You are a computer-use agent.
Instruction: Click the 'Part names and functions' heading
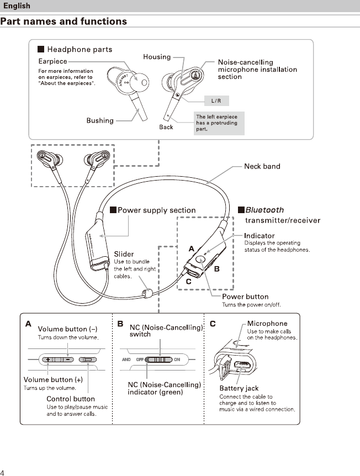63,22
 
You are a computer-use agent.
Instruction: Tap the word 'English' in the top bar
17,6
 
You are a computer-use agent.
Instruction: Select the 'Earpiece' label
52,61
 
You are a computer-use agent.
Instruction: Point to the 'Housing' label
157,57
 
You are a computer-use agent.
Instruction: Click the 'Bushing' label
100,120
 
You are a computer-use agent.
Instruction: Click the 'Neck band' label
262,166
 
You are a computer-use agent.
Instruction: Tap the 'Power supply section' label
157,210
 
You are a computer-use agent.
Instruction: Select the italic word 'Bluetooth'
264,210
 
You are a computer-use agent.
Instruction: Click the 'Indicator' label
260,236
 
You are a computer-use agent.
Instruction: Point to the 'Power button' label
245,297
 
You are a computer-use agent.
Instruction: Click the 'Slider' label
124,254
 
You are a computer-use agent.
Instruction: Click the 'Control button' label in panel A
71,399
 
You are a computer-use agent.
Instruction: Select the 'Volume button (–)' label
67,329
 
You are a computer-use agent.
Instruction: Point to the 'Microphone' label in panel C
267,324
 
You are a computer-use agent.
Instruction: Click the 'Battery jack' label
239,389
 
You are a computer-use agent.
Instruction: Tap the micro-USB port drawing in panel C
241,365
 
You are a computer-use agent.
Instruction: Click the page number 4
3,472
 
